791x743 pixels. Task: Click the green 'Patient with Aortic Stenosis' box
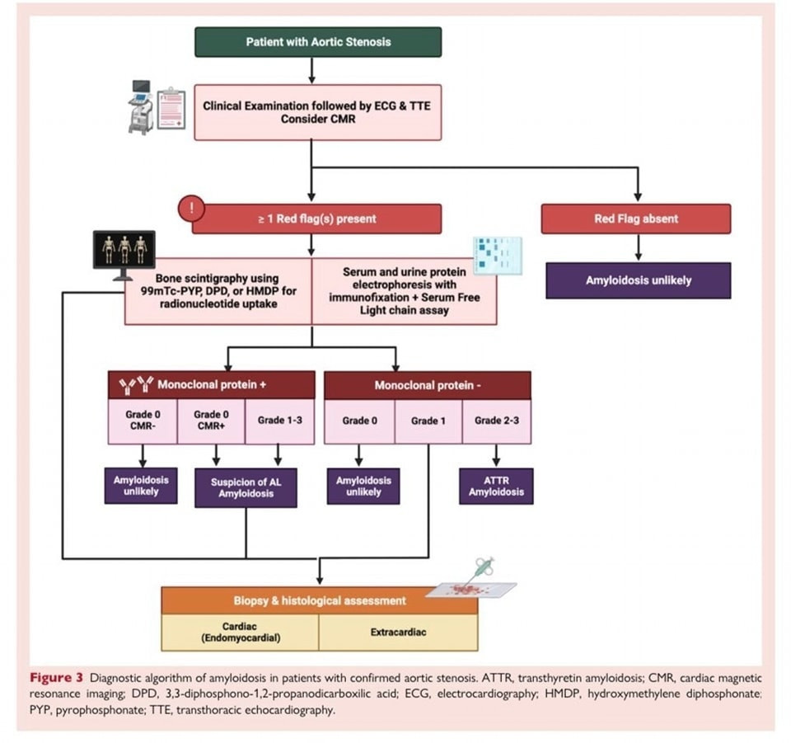pyautogui.click(x=317, y=41)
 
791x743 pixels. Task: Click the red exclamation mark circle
pyautogui.click(x=192, y=208)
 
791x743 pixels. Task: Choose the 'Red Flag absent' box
pyautogui.click(x=635, y=219)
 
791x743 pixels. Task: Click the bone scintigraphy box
pyautogui.click(x=218, y=291)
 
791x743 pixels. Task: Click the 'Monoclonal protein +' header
pyautogui.click(x=212, y=385)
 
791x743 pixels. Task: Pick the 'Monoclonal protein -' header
pyautogui.click(x=428, y=385)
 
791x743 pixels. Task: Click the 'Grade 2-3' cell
pyautogui.click(x=496, y=421)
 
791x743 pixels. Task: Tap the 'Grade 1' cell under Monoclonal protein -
pyautogui.click(x=428, y=421)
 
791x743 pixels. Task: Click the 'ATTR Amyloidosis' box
pyautogui.click(x=496, y=486)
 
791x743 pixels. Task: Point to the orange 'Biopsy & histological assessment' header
pyautogui.click(x=319, y=600)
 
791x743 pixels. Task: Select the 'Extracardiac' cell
pyautogui.click(x=397, y=632)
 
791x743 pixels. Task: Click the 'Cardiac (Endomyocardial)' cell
pyautogui.click(x=239, y=632)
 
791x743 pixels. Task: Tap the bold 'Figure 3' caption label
pyautogui.click(x=57, y=679)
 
